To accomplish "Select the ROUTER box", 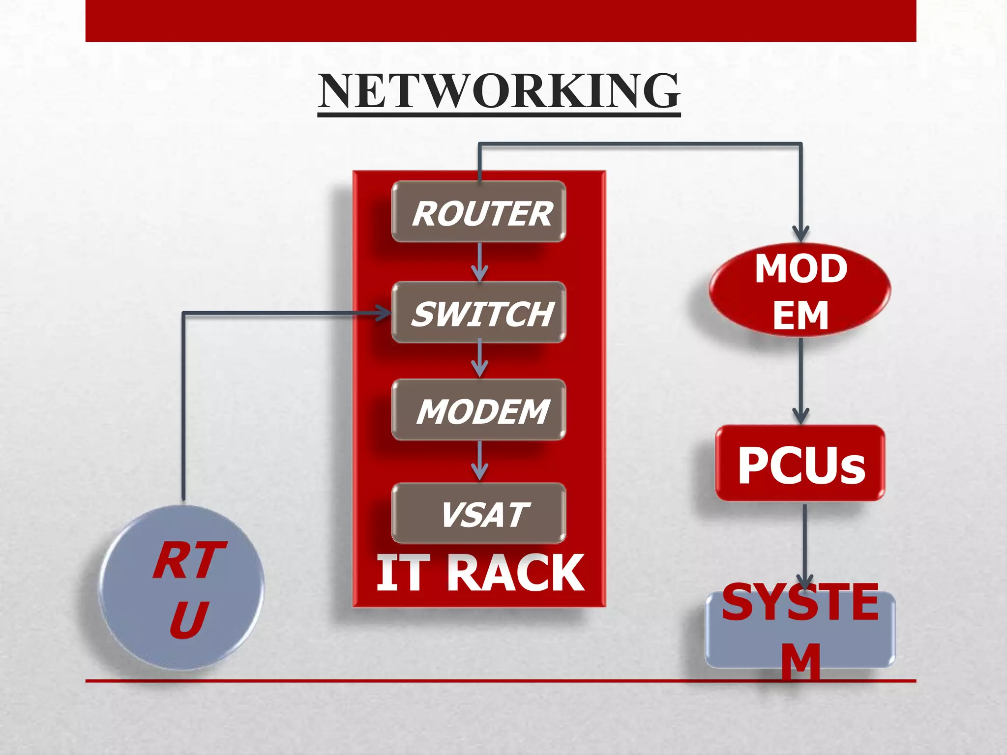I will tap(479, 212).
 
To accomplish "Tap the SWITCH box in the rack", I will tap(479, 313).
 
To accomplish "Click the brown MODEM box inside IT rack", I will tap(479, 410).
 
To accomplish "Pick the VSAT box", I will tap(479, 514).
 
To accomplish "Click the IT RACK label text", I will tap(480, 573).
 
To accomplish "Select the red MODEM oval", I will tap(800, 290).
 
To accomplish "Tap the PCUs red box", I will tap(800, 464).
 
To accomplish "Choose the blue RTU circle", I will tap(181, 588).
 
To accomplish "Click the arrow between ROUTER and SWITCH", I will tap(479, 262).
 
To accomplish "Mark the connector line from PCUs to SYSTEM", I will tap(804, 541).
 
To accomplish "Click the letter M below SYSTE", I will tap(801, 661).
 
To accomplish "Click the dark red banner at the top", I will tap(501, 21).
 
